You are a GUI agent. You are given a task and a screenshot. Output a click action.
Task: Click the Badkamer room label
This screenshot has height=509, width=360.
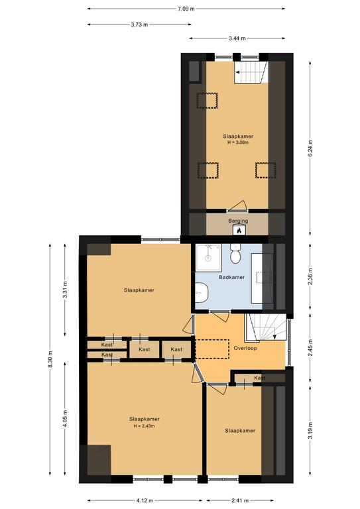[x=231, y=277]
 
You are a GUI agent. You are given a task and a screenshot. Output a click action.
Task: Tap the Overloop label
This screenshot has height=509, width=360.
[x=245, y=348]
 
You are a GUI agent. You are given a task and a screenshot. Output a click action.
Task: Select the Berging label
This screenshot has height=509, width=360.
[x=238, y=221]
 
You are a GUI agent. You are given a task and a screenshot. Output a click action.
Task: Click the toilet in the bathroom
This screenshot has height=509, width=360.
[x=235, y=253]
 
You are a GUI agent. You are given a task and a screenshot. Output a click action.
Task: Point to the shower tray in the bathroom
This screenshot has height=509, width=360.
[x=209, y=257]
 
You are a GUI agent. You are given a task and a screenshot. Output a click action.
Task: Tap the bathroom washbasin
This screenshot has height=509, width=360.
[x=202, y=292]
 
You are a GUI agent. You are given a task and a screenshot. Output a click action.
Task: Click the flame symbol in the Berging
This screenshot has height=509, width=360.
[x=239, y=230]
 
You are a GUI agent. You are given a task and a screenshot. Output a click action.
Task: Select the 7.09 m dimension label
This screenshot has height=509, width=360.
[x=186, y=9]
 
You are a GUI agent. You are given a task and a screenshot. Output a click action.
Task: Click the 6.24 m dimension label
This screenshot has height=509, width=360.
[x=310, y=148]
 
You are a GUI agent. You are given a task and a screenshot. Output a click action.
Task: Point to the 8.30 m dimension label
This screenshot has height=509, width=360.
[x=50, y=360]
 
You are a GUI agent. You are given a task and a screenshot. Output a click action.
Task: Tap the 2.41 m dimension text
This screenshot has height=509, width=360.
[x=240, y=500]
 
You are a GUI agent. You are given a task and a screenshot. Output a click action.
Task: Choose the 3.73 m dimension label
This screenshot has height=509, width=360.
[x=140, y=25]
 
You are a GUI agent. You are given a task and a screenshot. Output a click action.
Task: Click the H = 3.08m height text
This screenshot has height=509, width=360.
[x=238, y=142]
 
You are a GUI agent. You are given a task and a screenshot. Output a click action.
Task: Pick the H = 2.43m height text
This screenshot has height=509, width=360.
[x=144, y=426]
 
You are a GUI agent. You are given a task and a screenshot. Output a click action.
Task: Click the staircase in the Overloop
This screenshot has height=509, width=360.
[x=265, y=327]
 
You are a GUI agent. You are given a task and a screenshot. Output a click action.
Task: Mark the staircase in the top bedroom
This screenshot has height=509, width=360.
[x=251, y=72]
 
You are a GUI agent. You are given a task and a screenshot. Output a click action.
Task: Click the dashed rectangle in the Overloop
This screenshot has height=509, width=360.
[x=212, y=349]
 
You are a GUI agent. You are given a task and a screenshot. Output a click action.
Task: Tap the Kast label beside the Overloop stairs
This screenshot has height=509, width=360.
[x=260, y=378]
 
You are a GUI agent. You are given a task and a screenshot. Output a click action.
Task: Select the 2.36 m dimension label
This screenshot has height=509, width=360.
[x=310, y=276]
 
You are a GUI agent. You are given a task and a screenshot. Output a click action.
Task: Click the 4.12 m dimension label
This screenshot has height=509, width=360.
[x=145, y=500]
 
